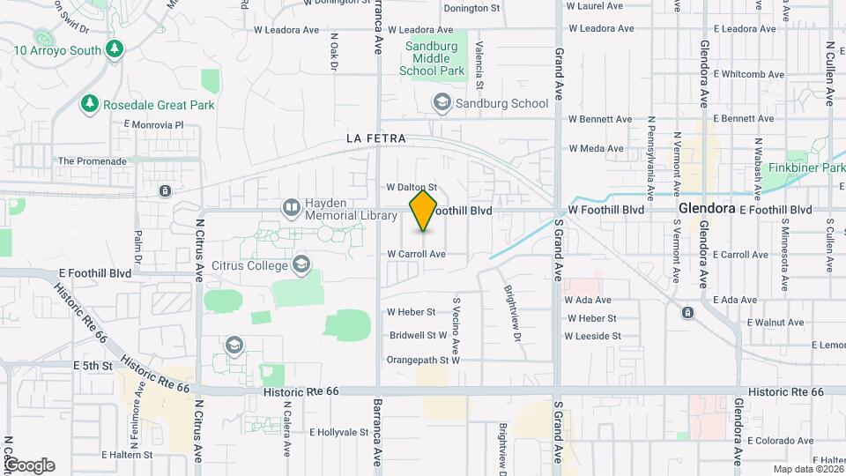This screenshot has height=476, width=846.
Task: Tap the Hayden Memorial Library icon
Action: [x=292, y=207]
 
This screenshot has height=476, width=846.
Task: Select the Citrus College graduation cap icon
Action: [x=302, y=264]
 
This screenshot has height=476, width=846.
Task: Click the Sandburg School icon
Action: [x=441, y=103]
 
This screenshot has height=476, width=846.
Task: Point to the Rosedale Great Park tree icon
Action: [x=89, y=105]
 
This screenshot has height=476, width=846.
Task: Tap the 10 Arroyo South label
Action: [x=57, y=50]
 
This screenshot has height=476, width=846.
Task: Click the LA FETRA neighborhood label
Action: [x=376, y=138]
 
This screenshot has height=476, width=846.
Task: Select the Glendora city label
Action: [x=707, y=209]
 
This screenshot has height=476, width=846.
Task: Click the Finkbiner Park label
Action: [x=806, y=167]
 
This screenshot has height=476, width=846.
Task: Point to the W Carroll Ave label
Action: [x=416, y=254]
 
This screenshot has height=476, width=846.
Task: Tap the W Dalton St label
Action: [x=412, y=187]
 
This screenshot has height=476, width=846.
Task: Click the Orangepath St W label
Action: [x=424, y=360]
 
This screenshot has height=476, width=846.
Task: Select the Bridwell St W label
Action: [x=419, y=335]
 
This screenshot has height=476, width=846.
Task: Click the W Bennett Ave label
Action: [x=600, y=118]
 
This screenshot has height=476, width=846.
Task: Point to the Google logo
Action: [x=29, y=465]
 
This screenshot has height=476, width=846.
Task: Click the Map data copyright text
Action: [x=804, y=469]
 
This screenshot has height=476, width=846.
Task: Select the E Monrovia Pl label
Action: [x=154, y=125]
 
